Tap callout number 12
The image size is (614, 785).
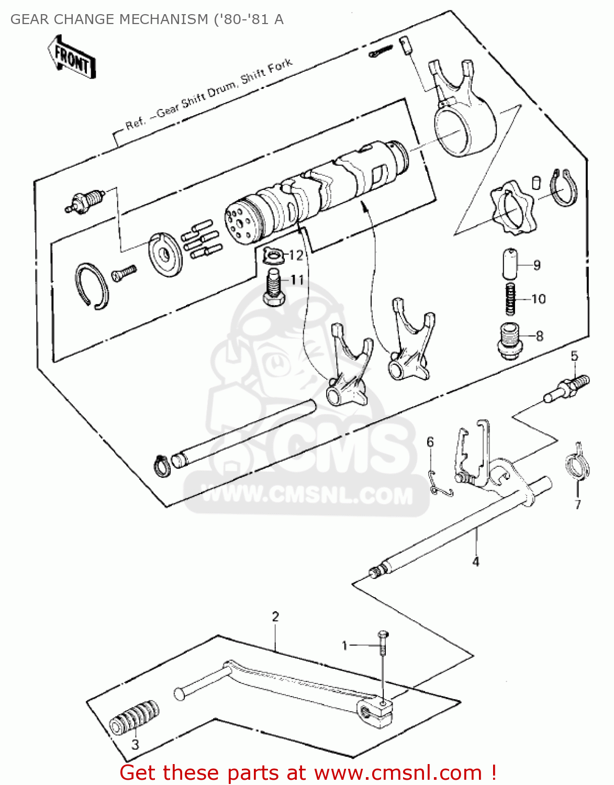[x=296, y=255]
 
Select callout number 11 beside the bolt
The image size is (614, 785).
[x=297, y=280]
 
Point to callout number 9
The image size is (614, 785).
[x=537, y=265]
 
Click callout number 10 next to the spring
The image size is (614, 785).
[x=538, y=299]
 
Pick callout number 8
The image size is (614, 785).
[x=540, y=336]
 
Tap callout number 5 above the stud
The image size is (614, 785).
[x=574, y=356]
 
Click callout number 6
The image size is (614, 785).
[x=430, y=442]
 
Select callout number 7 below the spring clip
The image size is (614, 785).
[x=578, y=504]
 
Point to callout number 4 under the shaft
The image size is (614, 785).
[x=475, y=562]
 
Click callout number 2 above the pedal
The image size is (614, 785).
[x=276, y=616]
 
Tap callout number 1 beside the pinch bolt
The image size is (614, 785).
[x=344, y=646]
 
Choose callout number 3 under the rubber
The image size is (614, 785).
[x=135, y=744]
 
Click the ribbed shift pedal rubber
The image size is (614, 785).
[x=134, y=717]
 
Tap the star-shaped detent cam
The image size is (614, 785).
[x=513, y=208]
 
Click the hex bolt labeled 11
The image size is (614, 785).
[x=273, y=289]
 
